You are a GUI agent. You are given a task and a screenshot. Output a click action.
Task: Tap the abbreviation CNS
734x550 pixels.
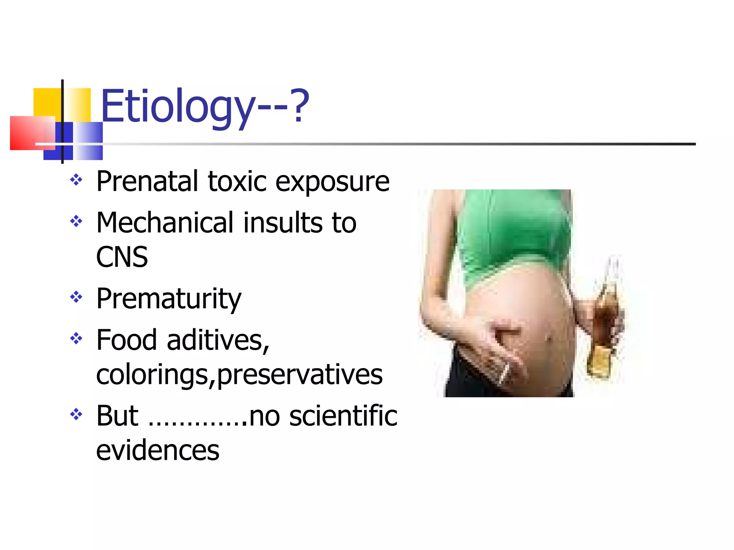tap(122, 257)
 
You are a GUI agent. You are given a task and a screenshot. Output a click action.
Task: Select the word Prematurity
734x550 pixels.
tap(169, 299)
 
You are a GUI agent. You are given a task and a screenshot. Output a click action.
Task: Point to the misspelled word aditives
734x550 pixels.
tap(218, 340)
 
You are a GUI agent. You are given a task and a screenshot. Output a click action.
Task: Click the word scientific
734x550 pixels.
tap(343, 416)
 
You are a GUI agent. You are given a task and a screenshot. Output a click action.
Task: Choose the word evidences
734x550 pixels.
tap(158, 450)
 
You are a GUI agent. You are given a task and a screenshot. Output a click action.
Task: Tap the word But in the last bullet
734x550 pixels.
tap(117, 416)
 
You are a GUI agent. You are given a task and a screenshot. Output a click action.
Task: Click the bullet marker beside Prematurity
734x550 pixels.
tap(76, 297)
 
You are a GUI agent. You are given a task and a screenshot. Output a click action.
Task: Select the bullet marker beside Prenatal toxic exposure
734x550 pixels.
tap(76, 179)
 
